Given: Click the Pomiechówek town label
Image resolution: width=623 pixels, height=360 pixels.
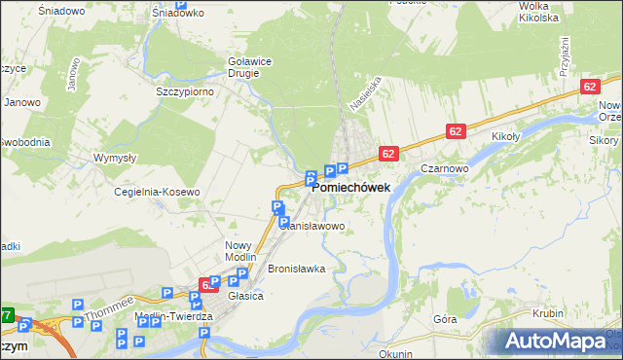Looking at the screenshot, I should coord(351,188).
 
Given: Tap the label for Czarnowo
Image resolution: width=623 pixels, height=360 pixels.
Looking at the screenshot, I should coord(447,167).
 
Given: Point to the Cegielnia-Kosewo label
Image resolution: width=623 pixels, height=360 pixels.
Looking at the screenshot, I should coord(157,192).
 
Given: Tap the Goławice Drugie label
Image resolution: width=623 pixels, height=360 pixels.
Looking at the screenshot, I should coord(249,65).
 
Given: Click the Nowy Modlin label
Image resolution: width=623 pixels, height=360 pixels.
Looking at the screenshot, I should coord(238,251).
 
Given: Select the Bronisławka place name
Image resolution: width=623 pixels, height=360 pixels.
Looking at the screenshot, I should coord(295,268).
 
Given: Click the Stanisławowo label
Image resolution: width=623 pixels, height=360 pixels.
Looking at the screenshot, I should coord(314,226).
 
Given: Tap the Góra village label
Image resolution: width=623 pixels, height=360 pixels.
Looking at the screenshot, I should coord(445,318).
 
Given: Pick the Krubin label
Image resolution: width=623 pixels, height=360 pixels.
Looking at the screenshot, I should coord(549,313).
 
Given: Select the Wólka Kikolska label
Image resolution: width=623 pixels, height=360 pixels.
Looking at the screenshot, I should coord(537,12).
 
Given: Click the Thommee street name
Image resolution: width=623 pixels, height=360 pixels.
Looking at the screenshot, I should coord(103,309).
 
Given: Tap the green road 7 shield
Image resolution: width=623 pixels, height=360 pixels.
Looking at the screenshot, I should coord(6,315).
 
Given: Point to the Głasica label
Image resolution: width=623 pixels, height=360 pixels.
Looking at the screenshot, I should coord(245,296).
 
